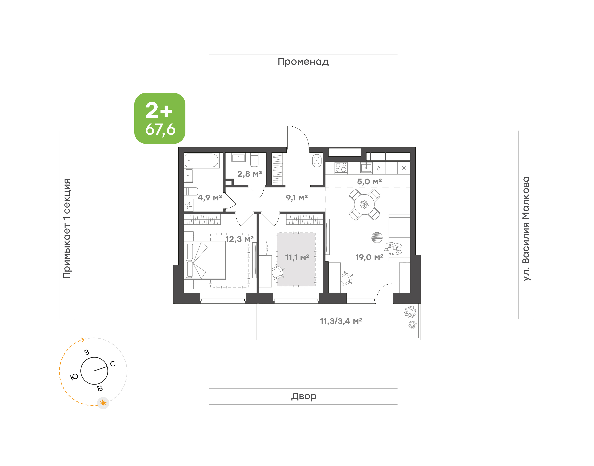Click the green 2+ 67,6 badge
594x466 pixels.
click(x=160, y=118)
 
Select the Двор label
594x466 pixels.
click(x=304, y=396)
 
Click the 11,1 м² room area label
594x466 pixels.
click(x=297, y=257)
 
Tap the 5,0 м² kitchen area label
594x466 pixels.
click(x=369, y=181)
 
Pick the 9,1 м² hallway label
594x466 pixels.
click(x=297, y=198)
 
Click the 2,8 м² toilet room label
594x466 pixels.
click(x=249, y=174)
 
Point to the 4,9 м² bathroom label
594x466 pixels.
click(x=210, y=198)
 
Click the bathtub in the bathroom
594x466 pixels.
click(x=202, y=160)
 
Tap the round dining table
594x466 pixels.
click(x=364, y=204)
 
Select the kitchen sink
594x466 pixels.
click(x=366, y=167)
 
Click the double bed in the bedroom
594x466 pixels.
click(x=205, y=260)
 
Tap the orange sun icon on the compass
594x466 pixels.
click(x=103, y=403)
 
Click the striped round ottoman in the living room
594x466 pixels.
click(x=377, y=237)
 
